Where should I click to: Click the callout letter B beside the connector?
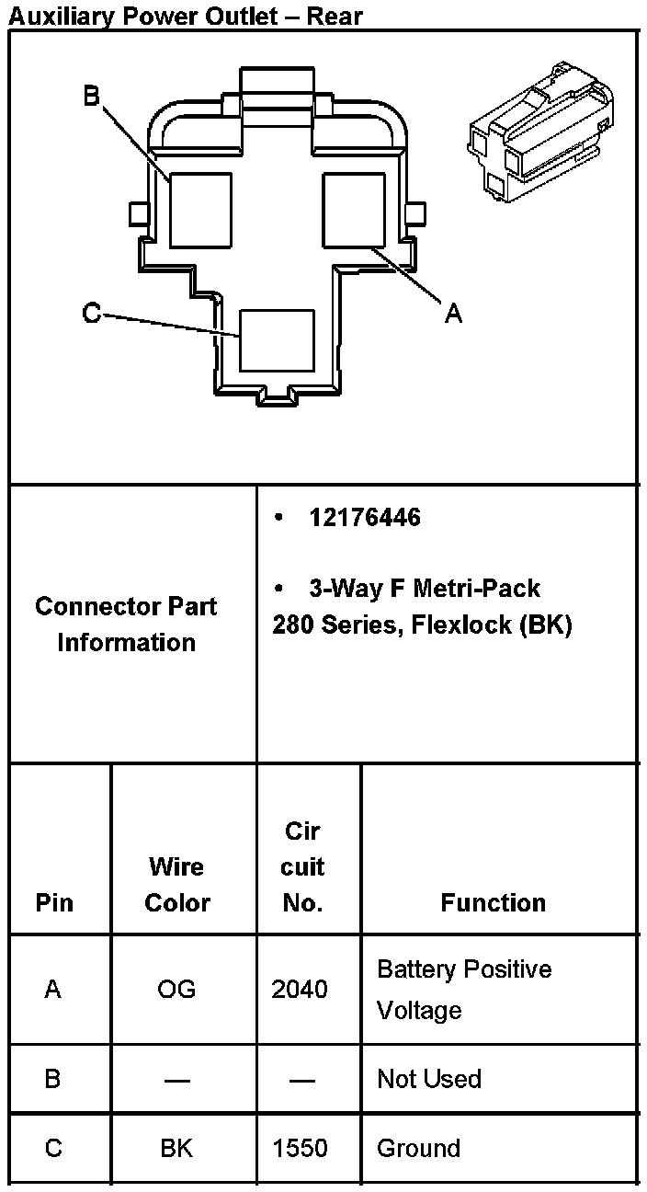point(92,96)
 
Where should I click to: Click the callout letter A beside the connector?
point(453,314)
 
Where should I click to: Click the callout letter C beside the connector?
point(92,314)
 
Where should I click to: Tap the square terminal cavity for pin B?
point(200,209)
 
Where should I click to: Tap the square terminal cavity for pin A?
point(353,209)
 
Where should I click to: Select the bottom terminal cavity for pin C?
point(277,339)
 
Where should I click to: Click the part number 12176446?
point(365,518)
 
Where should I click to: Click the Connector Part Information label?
point(126,625)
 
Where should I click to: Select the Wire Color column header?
point(177,884)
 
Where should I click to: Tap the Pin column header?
point(54,902)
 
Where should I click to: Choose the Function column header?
point(493,902)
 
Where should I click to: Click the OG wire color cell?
point(176,990)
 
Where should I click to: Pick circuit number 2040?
point(300,990)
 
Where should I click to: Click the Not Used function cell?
point(429,1079)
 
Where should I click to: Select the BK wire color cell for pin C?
point(176,1149)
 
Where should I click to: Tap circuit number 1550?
point(300,1149)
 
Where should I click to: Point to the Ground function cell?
point(419,1149)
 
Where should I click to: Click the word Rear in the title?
point(335,16)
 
